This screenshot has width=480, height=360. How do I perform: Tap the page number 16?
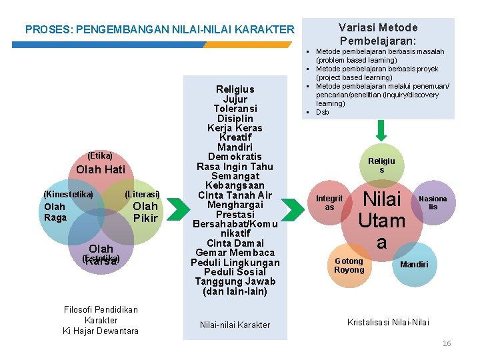pos(447,343)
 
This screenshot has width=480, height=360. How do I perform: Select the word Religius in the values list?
pos(235,89)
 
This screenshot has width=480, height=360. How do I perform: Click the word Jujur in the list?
pos(235,99)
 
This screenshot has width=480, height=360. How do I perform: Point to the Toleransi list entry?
pos(235,108)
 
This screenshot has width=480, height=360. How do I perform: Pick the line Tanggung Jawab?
pos(235,281)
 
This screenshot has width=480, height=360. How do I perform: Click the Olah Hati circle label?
pos(101,169)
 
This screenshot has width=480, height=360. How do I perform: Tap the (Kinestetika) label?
pos(68,194)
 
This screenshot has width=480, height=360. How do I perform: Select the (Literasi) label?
pos(143,194)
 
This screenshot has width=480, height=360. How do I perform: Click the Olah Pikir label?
pos(145,212)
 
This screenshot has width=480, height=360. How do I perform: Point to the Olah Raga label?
pos(55,212)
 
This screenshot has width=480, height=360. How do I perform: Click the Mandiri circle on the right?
pos(414,265)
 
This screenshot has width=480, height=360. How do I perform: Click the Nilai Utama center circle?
pos(381,219)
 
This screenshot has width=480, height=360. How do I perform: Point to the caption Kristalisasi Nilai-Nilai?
pos(388,323)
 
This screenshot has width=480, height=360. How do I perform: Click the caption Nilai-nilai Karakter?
pos(235,325)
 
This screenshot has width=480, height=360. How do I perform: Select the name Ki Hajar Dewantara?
pos(101,331)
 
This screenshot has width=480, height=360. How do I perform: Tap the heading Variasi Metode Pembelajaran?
pos(378,34)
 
